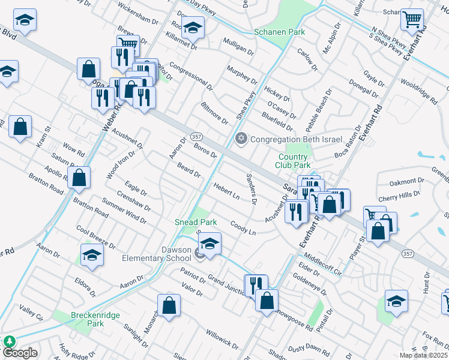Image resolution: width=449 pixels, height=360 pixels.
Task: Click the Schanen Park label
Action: coord(279,32)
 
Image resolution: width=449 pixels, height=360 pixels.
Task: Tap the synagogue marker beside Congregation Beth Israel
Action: coord(241,139)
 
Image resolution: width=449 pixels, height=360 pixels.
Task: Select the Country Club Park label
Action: coord(293,160)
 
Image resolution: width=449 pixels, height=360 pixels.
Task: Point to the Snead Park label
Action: coord(196,222)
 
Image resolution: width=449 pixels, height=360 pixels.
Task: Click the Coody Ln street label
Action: coord(243,227)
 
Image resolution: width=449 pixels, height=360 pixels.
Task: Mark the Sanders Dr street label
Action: coord(252,188)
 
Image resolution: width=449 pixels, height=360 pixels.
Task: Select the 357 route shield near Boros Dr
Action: coord(196,137)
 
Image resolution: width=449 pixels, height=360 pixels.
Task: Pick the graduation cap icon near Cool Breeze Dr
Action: coord(92,254)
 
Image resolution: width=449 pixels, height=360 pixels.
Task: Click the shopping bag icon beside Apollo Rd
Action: coord(79,177)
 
